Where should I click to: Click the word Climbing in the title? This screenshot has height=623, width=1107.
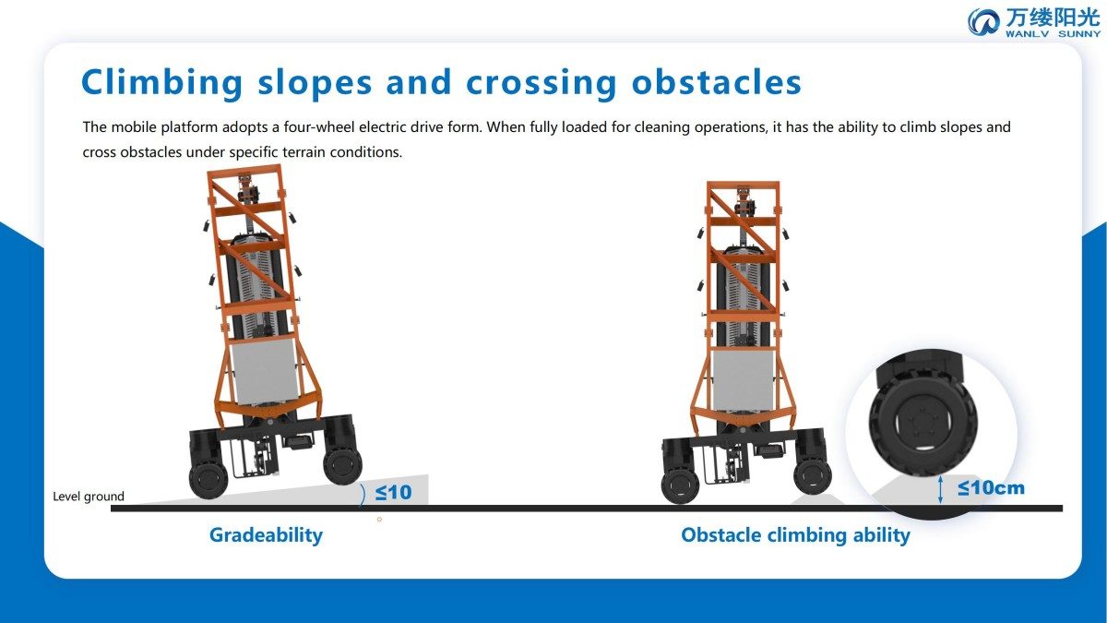click(x=162, y=82)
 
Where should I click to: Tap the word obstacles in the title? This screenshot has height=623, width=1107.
click(x=716, y=82)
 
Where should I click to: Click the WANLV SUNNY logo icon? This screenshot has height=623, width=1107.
click(x=983, y=22)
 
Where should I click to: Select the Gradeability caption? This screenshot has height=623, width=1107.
click(x=266, y=535)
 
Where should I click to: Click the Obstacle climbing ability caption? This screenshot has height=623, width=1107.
click(x=795, y=535)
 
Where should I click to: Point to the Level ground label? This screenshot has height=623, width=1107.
click(x=89, y=497)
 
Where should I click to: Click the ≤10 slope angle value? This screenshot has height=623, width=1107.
click(x=393, y=493)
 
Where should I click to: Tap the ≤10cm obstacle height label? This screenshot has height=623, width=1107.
click(x=991, y=488)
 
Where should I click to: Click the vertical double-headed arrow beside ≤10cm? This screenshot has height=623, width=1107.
click(x=940, y=489)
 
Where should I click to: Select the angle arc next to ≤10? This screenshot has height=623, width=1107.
click(x=363, y=495)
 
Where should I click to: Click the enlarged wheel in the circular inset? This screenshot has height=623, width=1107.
click(x=922, y=425)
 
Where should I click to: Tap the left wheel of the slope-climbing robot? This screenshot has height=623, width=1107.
click(x=208, y=479)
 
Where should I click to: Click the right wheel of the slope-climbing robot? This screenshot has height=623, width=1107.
click(x=342, y=465)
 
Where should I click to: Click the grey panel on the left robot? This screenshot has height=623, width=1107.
click(x=265, y=372)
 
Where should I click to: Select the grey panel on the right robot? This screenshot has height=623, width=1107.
click(x=742, y=380)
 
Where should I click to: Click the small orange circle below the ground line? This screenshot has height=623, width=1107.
click(x=379, y=519)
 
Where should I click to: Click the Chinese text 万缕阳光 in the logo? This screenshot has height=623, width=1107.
click(x=1053, y=18)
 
